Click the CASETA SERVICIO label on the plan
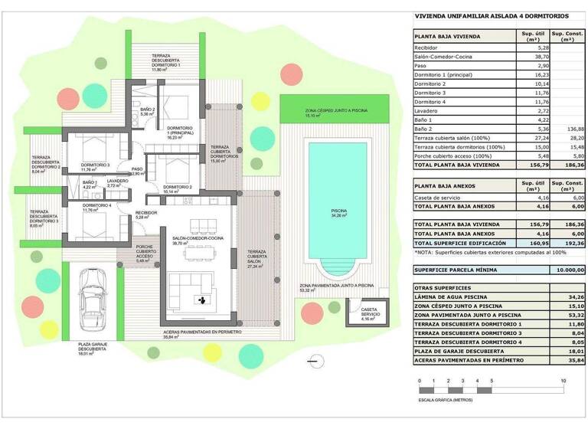pos(370,313)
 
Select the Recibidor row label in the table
pos(427,48)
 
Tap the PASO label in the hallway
pos(137,169)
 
